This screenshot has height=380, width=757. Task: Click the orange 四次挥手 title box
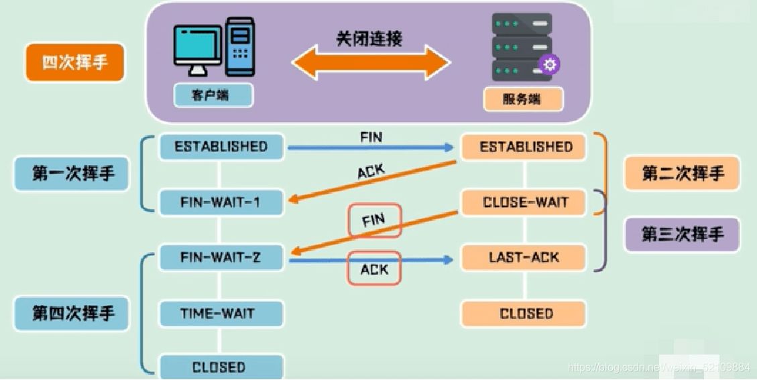(74, 63)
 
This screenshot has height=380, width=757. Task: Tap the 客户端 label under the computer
(213, 95)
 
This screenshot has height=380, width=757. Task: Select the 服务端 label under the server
(523, 100)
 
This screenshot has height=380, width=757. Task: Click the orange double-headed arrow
(370, 63)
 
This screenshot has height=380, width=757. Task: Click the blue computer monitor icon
(197, 48)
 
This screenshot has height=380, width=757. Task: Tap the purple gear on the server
(550, 64)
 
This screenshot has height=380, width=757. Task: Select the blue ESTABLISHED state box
(221, 146)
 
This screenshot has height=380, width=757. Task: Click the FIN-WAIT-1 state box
(221, 202)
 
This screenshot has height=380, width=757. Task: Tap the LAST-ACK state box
(524, 257)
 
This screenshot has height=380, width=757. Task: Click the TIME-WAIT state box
(217, 313)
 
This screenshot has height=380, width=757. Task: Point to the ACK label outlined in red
(374, 268)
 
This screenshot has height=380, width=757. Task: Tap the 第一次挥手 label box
(73, 174)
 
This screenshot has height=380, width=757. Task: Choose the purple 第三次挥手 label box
(682, 235)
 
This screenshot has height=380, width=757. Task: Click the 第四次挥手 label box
(73, 313)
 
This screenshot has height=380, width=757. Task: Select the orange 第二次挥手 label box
(682, 174)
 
